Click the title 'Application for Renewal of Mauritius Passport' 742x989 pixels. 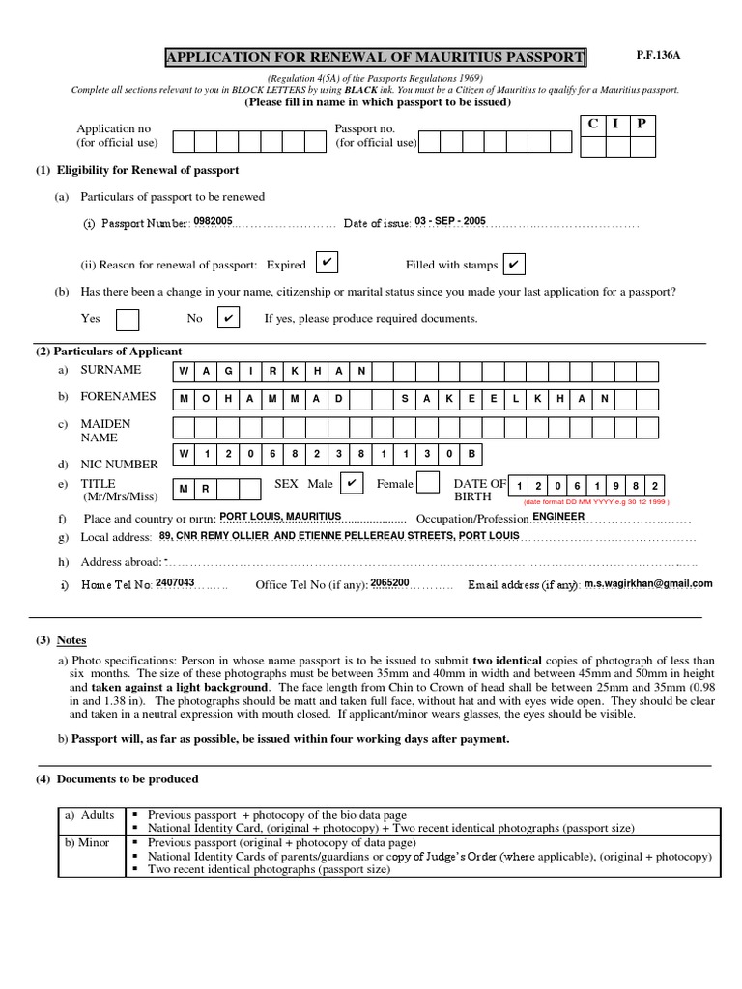pos(376,58)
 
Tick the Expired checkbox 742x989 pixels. pos(328,263)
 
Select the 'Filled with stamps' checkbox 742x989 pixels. pos(515,264)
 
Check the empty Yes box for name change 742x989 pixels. pos(127,319)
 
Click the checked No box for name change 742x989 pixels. pos(228,318)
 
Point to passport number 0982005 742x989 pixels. pos(213,221)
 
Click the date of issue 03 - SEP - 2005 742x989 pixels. pos(449,221)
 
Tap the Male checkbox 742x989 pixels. pos(353,483)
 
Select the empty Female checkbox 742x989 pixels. pos(429,483)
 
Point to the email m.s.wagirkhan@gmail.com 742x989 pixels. pos(648,583)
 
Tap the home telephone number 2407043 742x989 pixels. pos(175,583)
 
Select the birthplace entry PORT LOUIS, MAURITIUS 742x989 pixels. pos(280,517)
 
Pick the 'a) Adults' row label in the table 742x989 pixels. pos(90,815)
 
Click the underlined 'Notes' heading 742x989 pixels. pos(71,640)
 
